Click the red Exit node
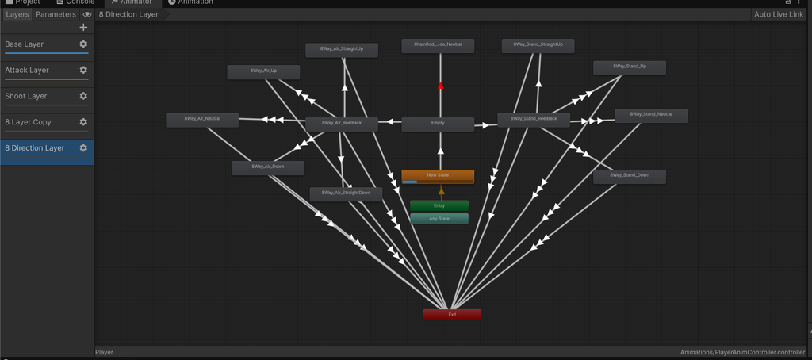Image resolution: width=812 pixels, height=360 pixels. [452, 314]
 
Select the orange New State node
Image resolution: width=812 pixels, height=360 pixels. [438, 175]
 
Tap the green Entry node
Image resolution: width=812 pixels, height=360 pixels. [439, 205]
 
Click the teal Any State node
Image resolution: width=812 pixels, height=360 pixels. [439, 218]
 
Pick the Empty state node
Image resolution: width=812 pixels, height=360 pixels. [438, 124]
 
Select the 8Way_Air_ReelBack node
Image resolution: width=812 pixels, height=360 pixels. [342, 124]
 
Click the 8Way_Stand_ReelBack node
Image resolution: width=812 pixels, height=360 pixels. [534, 119]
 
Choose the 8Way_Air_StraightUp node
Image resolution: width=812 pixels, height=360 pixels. [342, 49]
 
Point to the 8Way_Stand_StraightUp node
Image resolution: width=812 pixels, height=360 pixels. [538, 45]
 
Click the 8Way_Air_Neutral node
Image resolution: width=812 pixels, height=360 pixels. [202, 119]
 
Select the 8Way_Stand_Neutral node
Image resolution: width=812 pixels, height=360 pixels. [651, 115]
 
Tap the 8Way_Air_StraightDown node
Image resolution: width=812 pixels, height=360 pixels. [346, 193]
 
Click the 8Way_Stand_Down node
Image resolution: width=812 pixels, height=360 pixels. [630, 176]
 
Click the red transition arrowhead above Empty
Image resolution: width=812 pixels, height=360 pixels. [441, 85]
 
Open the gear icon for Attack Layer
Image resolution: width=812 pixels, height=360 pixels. [83, 70]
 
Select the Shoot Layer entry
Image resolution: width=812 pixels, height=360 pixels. [26, 96]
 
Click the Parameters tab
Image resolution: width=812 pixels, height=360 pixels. [56, 14]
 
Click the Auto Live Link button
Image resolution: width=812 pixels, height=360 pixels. [779, 14]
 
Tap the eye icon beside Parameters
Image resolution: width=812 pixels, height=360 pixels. [87, 14]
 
